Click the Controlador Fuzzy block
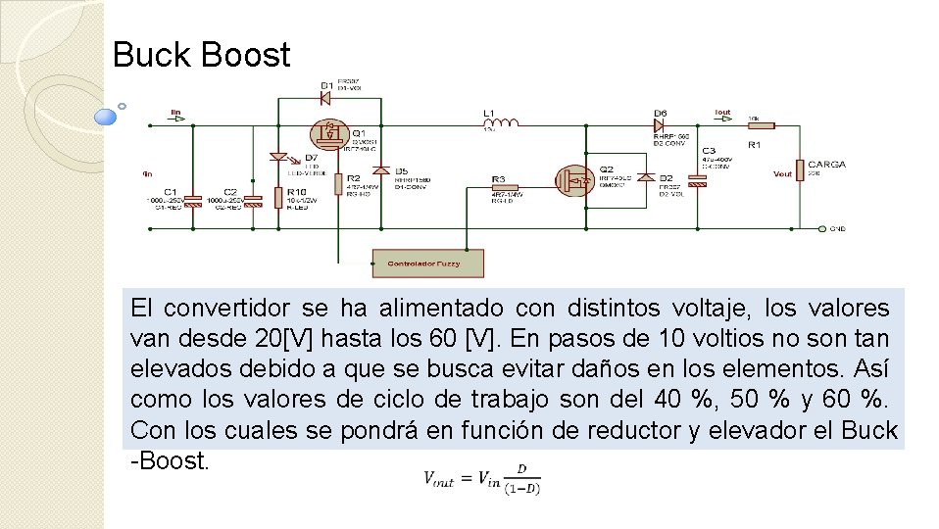point(427,264)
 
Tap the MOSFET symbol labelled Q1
point(329,133)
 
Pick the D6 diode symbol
point(661,124)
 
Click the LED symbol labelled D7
point(279,157)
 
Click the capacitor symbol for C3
point(697,180)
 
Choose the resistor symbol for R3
point(499,181)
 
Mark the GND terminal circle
point(819,228)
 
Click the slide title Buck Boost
point(201,55)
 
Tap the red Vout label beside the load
point(782,173)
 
